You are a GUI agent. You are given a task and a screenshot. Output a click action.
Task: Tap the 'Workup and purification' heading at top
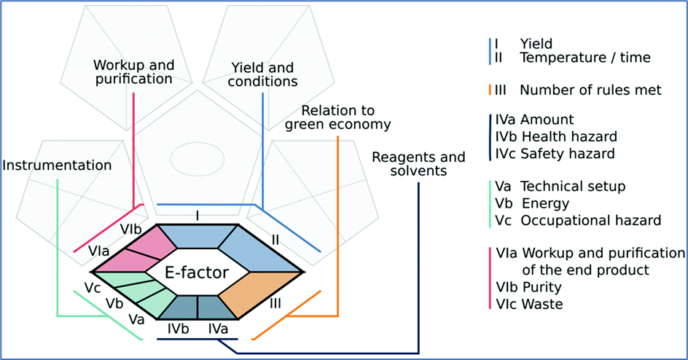point(133,71)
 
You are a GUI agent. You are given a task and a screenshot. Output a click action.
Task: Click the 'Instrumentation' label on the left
point(58,165)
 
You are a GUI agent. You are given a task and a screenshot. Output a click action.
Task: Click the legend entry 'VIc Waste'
point(529,304)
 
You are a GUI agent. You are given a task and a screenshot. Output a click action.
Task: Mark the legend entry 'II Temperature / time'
point(574,57)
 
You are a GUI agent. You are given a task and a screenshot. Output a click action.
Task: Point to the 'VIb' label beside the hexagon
point(131,229)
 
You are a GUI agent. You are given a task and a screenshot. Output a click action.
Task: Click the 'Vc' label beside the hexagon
point(92,287)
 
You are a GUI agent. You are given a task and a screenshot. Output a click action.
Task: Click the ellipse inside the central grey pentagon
point(196,157)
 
